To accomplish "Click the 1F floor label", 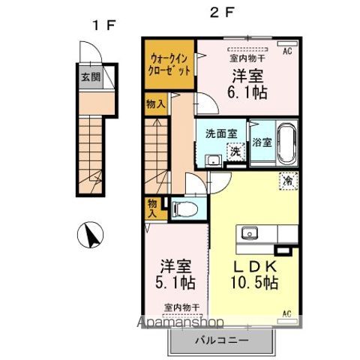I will [103, 25].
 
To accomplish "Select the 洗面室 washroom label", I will [221, 133].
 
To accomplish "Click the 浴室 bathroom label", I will [262, 141].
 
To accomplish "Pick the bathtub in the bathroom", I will [285, 142].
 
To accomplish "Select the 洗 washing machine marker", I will [235, 151].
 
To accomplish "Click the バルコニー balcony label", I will [219, 339].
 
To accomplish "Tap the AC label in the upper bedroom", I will [286, 51].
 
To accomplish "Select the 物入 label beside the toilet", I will [153, 208].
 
